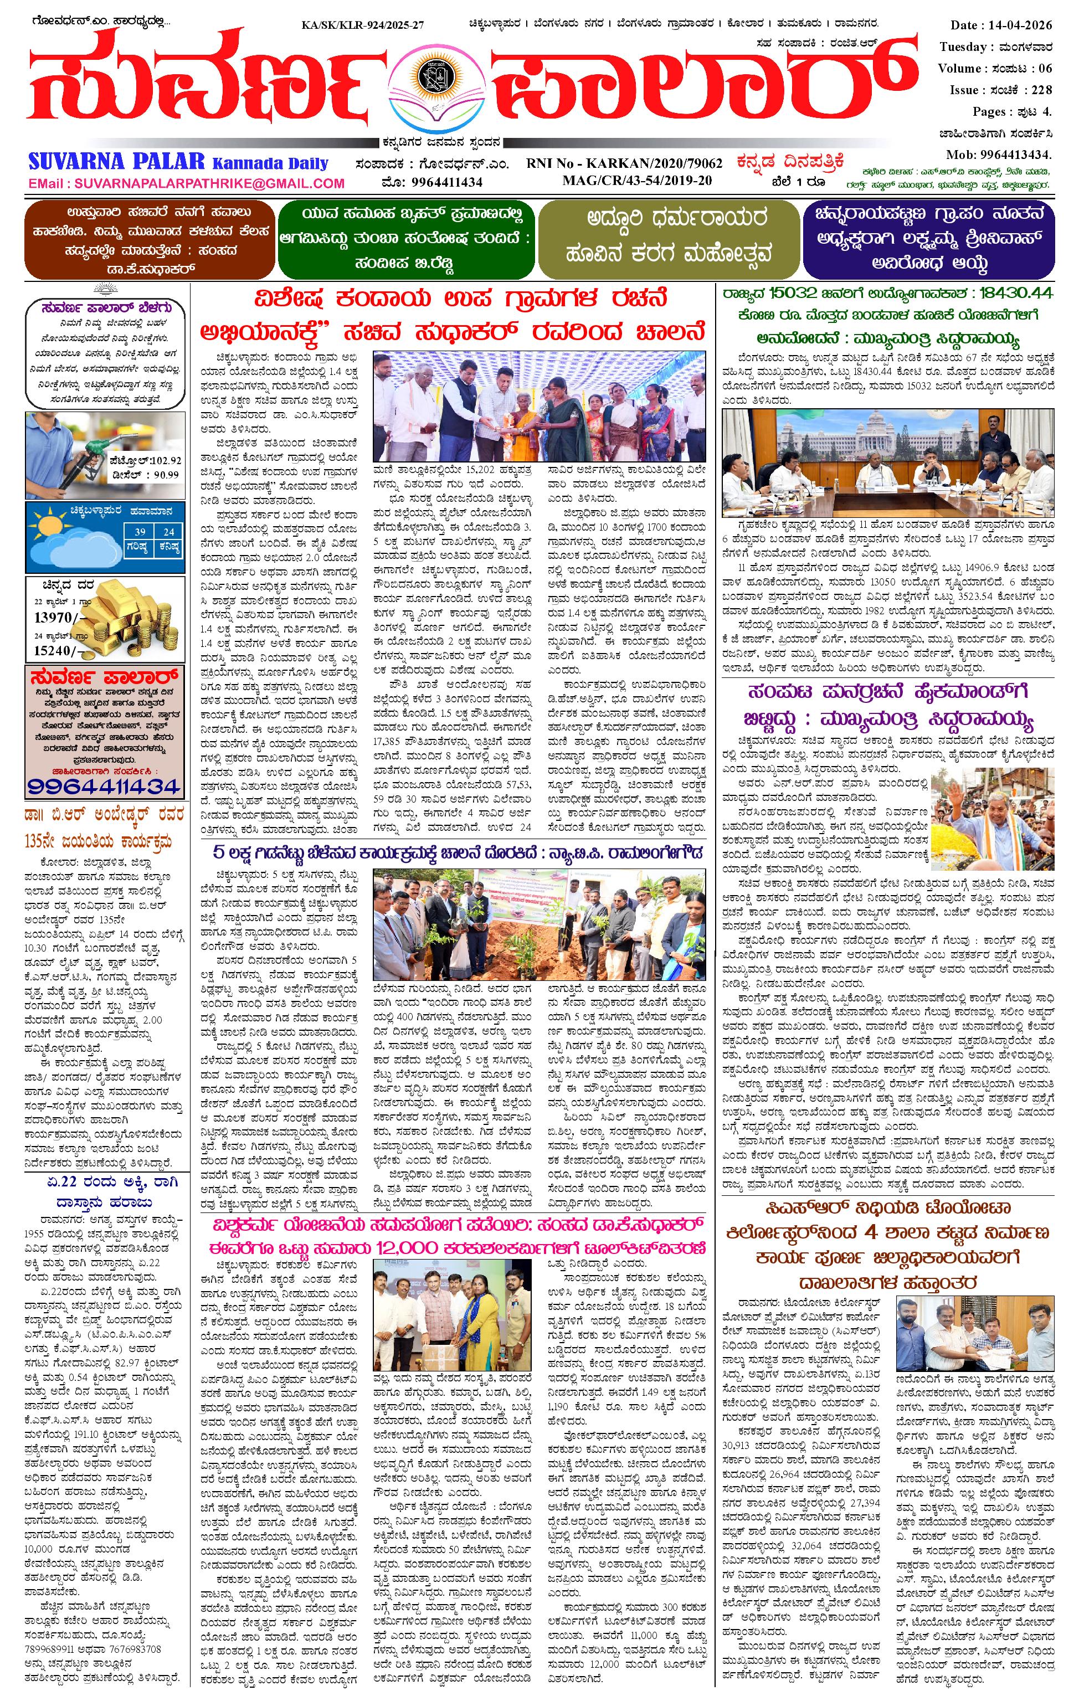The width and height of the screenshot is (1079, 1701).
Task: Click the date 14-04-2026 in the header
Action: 1025,25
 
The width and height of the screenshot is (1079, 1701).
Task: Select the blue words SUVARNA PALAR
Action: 116,162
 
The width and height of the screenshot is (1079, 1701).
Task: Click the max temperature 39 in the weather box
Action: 140,532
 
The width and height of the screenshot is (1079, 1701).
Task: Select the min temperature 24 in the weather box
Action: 168,532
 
